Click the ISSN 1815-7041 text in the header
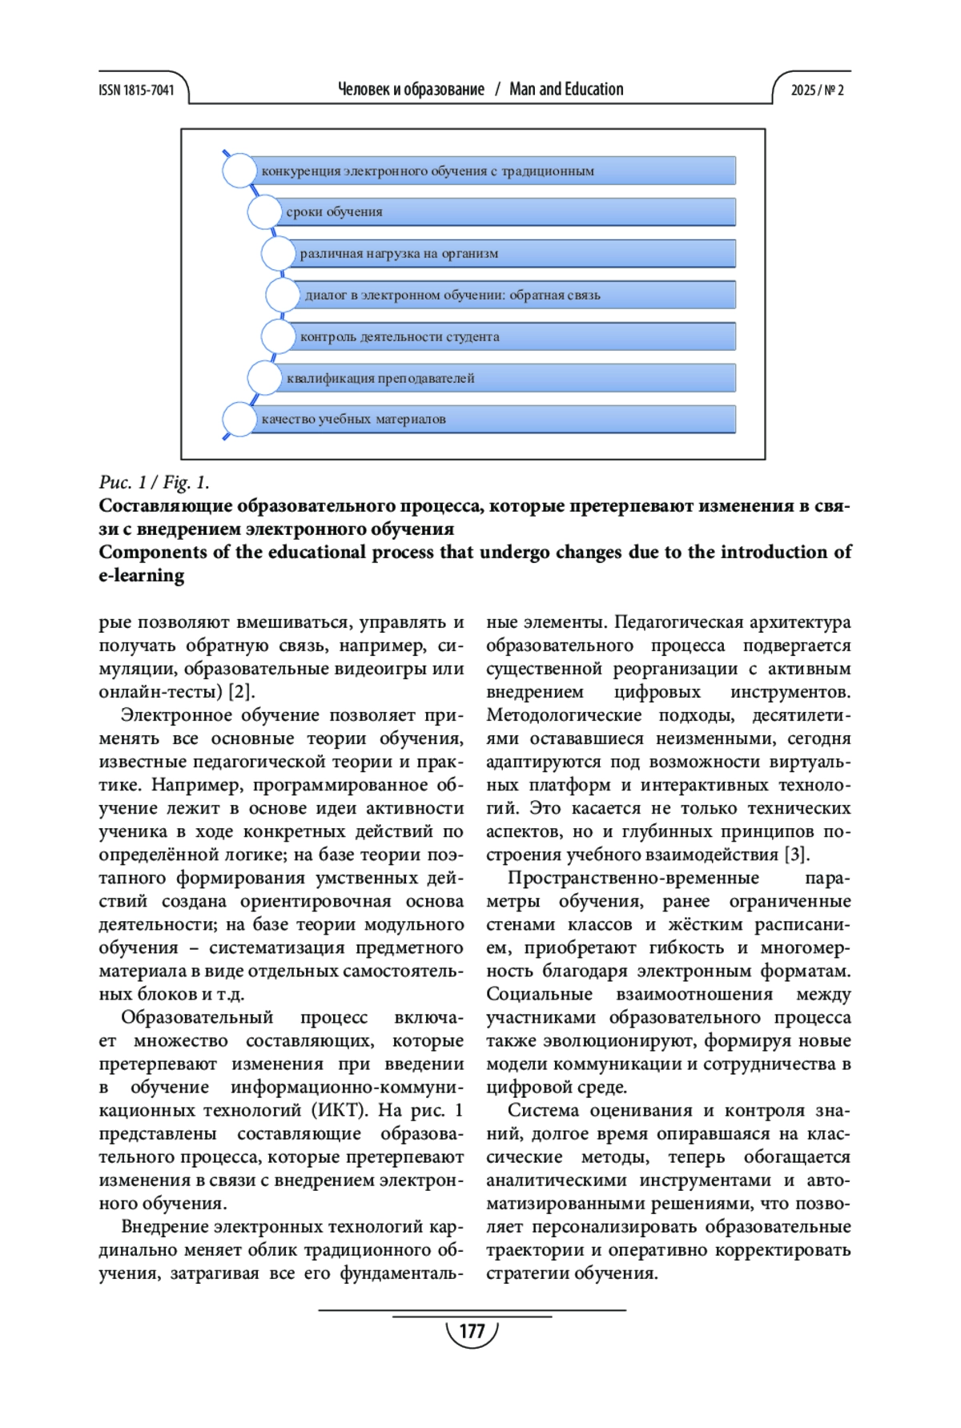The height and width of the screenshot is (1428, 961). (136, 90)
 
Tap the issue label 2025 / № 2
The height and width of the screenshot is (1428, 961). (817, 90)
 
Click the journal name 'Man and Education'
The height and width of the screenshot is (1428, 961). (566, 89)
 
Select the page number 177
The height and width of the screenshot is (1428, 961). (472, 1331)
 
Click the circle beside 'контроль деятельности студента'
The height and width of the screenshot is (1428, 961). (278, 336)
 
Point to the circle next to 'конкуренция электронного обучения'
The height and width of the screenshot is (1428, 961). (239, 171)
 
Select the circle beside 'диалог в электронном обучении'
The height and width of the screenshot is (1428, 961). (282, 295)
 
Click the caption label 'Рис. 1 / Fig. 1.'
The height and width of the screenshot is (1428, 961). (154, 482)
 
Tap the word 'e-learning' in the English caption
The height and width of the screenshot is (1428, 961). (142, 576)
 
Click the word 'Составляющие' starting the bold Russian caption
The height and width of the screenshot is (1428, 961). (165, 506)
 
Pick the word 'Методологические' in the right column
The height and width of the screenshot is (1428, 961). (565, 715)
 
